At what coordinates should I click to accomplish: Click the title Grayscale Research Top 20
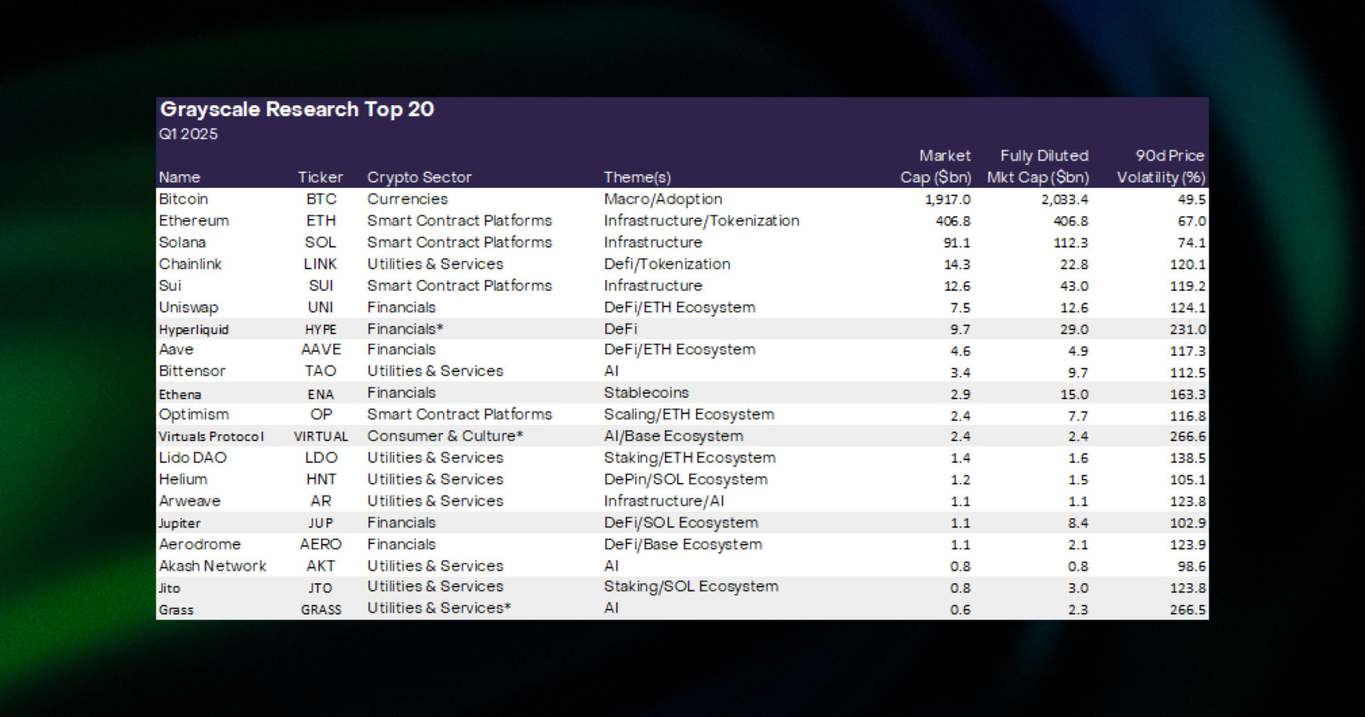click(x=296, y=110)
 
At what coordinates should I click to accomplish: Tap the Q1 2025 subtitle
click(x=188, y=134)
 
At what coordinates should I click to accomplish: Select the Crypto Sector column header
click(x=419, y=177)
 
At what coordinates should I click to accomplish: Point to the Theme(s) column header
click(x=637, y=177)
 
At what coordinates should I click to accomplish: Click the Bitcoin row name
click(x=183, y=199)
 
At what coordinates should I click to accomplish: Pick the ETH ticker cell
click(x=321, y=221)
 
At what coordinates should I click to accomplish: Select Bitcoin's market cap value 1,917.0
click(x=947, y=200)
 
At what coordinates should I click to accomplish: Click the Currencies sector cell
click(x=407, y=199)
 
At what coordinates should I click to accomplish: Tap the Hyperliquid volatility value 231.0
click(x=1187, y=329)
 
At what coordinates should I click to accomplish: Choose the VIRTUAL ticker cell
click(x=321, y=437)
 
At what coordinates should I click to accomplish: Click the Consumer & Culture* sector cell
click(x=445, y=436)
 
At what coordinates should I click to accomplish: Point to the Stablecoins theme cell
click(x=646, y=393)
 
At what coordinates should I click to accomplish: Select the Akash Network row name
click(x=213, y=566)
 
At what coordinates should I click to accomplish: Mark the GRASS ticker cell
click(x=321, y=610)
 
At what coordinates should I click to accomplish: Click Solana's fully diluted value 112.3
click(x=1070, y=243)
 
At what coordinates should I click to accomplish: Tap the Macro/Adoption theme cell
click(x=663, y=199)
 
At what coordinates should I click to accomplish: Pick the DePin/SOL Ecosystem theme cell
click(x=685, y=479)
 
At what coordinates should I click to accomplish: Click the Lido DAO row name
click(x=193, y=458)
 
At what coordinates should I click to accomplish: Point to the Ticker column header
click(x=320, y=177)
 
